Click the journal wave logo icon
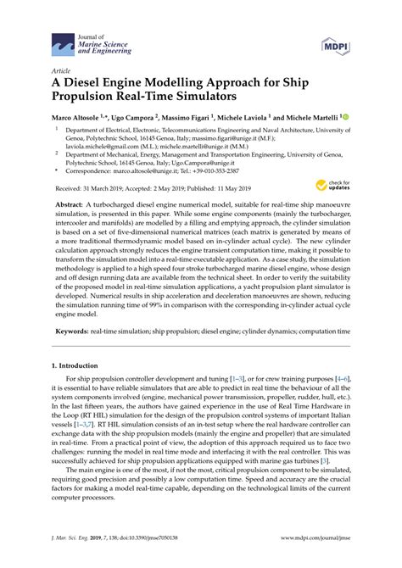coord(62,41)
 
